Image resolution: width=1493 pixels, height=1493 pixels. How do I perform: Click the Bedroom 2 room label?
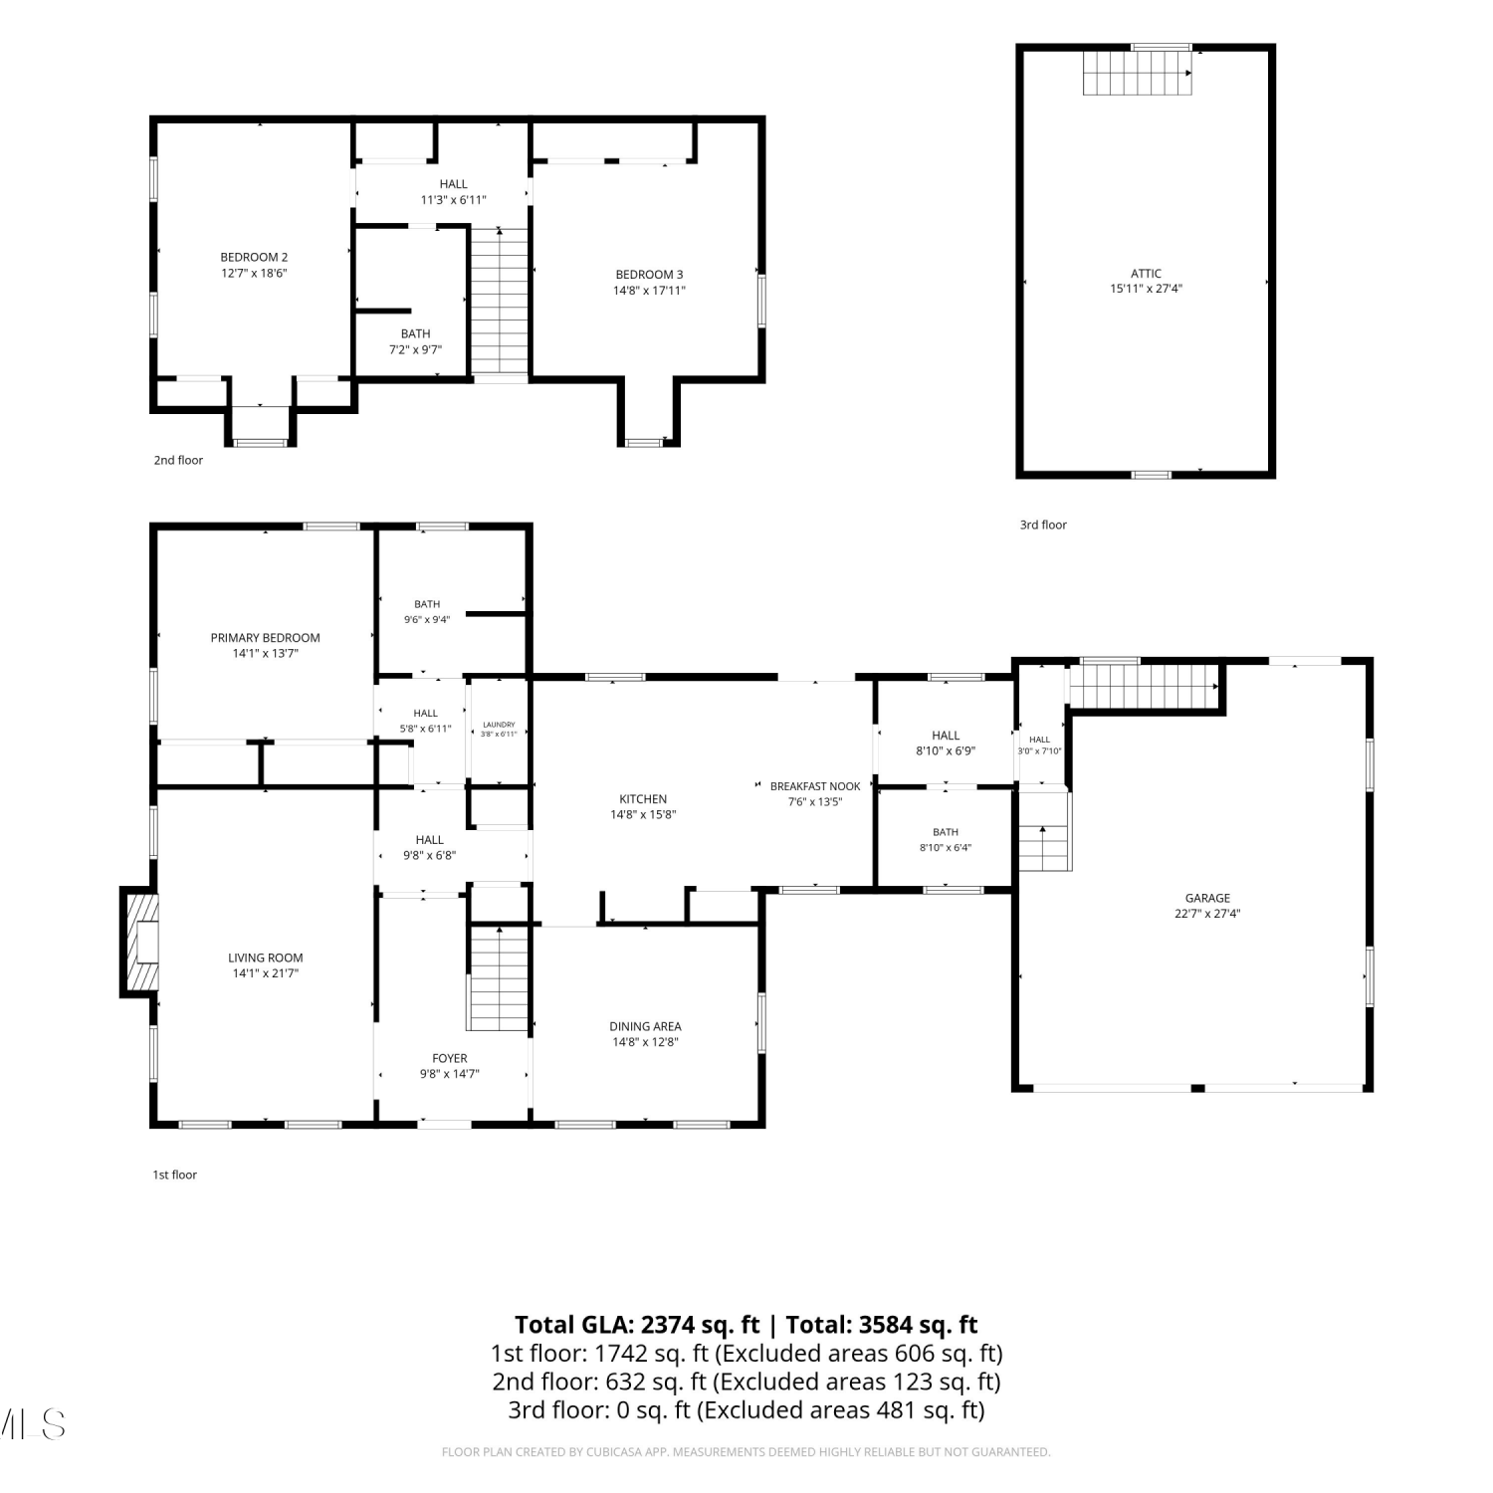254,257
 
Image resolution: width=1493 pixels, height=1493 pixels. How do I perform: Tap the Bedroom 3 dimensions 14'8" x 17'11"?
649,291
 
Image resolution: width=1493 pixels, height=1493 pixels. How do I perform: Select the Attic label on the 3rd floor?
1146,273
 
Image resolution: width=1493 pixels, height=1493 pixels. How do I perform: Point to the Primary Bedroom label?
266,638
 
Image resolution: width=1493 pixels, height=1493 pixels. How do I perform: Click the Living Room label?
266,958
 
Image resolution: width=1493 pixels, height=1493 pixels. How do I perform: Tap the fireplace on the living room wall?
140,942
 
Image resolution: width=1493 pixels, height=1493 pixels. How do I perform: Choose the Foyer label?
450,1058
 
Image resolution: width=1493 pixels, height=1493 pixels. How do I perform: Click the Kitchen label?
643,798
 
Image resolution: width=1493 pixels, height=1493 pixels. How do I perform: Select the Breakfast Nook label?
815,786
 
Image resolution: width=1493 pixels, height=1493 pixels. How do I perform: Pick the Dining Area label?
645,1026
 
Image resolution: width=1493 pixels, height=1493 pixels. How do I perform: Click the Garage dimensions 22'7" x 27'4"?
1207,914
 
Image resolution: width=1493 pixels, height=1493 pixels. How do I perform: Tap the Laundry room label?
499,725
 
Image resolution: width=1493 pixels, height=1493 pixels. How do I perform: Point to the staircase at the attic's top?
1138,72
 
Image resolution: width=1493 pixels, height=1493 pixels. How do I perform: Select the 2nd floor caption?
178,460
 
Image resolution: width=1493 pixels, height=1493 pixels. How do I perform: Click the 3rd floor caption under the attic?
1043,525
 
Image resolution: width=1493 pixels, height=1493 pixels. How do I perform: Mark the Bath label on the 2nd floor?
416,333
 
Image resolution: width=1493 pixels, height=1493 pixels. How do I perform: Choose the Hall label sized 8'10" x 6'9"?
946,736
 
